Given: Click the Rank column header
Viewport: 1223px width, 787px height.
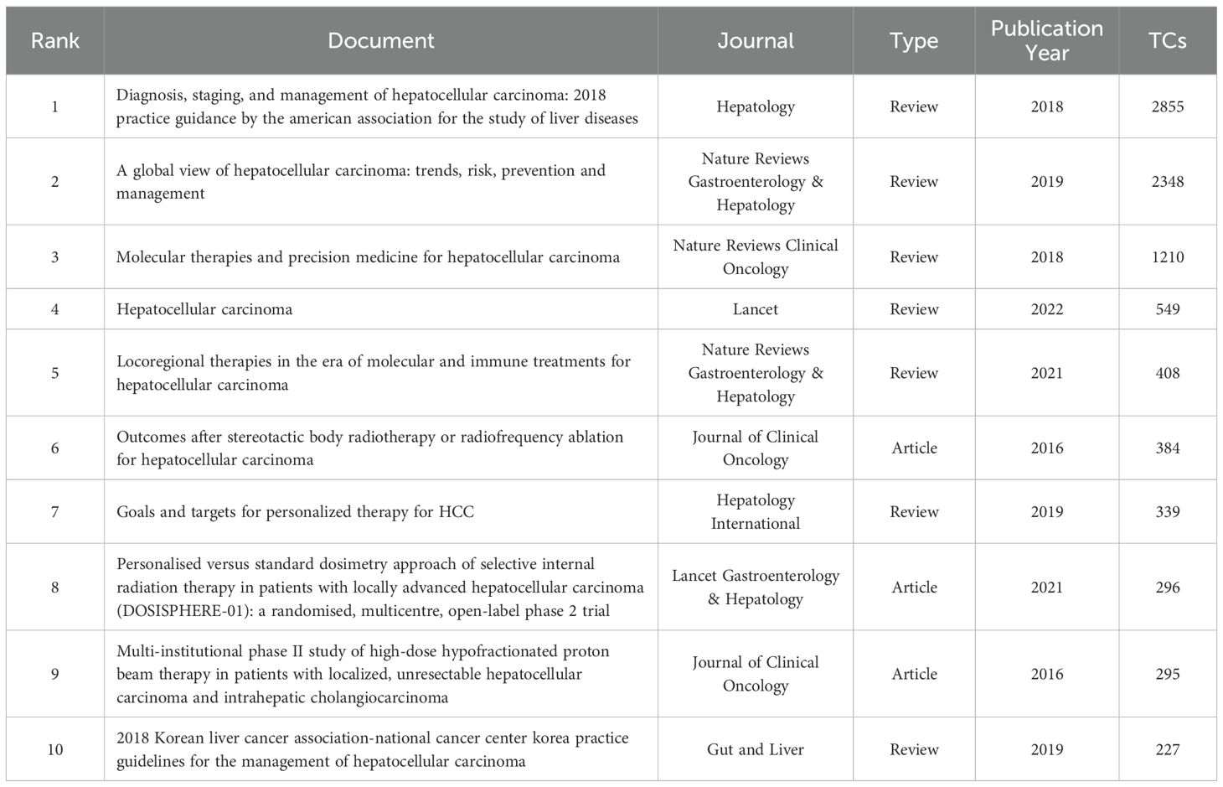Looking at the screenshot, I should [x=55, y=40].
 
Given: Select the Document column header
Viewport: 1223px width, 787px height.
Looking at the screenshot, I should [x=380, y=40].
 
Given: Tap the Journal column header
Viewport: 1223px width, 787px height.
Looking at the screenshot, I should [x=755, y=40].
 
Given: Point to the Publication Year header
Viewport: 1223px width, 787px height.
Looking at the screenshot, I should [x=1046, y=40].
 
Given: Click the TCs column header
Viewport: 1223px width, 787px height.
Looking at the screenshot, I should [x=1167, y=40].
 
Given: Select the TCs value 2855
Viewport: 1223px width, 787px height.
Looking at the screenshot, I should [x=1167, y=106].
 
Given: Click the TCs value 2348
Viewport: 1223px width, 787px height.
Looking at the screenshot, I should [x=1167, y=181].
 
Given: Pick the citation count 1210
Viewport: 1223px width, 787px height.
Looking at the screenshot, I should [x=1167, y=256].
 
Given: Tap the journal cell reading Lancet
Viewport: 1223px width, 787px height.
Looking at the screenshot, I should [x=755, y=309].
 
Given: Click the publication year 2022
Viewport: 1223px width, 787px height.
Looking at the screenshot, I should [x=1046, y=309].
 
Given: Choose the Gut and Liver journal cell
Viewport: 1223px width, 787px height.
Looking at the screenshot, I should [x=755, y=749].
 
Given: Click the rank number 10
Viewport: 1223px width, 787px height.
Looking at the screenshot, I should [x=55, y=749].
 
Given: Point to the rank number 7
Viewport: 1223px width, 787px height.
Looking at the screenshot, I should [x=55, y=511].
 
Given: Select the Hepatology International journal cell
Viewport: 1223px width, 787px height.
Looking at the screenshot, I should [x=755, y=511].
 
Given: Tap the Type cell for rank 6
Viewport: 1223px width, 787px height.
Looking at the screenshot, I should [x=914, y=448].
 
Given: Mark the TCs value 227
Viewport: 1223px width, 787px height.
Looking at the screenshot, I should [x=1167, y=749].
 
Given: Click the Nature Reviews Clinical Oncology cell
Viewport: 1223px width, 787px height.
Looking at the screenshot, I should [x=755, y=256].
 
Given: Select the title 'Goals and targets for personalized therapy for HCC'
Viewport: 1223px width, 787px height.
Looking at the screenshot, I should [x=295, y=511].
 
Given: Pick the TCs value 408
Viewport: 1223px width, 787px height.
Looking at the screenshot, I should [x=1167, y=372].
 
